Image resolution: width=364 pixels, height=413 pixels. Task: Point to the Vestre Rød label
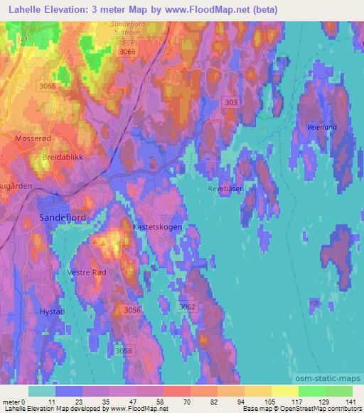coord(87,272)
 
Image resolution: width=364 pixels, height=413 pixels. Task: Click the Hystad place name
coord(51,312)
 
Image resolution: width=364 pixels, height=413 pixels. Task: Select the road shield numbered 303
coord(230,102)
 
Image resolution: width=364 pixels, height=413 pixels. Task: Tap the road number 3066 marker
coord(127,52)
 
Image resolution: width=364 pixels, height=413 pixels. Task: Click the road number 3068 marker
coord(48,87)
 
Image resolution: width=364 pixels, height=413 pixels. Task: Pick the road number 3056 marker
coord(132,310)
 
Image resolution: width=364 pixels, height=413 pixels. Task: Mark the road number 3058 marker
coord(124,351)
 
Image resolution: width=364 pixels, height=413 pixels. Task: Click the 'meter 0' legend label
coord(13,401)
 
